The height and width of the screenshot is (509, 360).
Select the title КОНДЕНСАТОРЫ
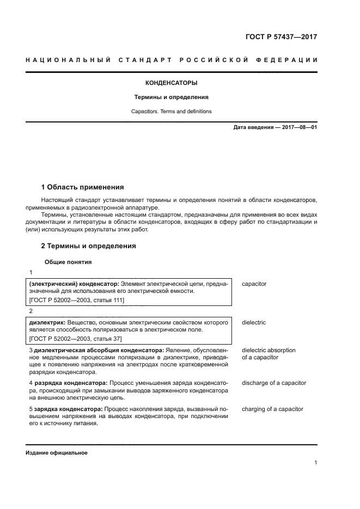171,83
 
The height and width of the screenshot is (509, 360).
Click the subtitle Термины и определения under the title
171,97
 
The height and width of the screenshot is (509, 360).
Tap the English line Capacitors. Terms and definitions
171,112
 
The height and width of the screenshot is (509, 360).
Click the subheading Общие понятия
68,262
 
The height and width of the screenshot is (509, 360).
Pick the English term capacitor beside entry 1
254,284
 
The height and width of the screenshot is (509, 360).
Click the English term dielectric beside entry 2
254,323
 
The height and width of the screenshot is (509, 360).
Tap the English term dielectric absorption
269,350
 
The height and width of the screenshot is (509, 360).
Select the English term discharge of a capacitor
274,383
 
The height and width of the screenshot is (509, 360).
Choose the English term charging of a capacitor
272,409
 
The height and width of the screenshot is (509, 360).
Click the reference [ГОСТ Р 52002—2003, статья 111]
76,300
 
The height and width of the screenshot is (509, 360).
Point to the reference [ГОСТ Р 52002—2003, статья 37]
75,338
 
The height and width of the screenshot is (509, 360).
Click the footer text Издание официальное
56,453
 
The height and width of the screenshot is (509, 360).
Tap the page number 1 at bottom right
315,463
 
